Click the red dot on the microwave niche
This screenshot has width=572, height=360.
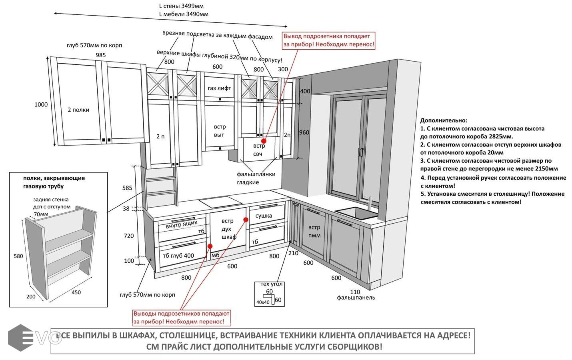[264, 141]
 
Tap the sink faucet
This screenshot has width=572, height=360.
[369, 202]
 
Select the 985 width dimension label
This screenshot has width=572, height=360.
[101, 55]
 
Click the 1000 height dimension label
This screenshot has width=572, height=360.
[41, 105]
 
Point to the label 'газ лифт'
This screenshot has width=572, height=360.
[219, 88]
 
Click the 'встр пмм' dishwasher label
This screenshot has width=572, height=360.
[314, 231]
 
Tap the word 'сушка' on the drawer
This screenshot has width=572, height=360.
[264, 216]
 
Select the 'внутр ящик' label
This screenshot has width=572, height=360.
[182, 225]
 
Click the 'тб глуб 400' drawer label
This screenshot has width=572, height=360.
[178, 256]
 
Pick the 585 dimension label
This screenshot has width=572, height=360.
[127, 188]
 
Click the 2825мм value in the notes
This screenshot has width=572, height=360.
[500, 136]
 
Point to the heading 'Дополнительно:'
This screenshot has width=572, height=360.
[444, 120]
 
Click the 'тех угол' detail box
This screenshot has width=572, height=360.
[270, 294]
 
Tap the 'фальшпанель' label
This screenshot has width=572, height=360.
[356, 298]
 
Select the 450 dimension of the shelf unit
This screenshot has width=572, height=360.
[76, 292]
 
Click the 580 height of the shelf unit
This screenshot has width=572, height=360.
[18, 256]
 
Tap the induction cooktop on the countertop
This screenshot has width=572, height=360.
[220, 202]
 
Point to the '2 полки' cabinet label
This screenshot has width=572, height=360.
[78, 110]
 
